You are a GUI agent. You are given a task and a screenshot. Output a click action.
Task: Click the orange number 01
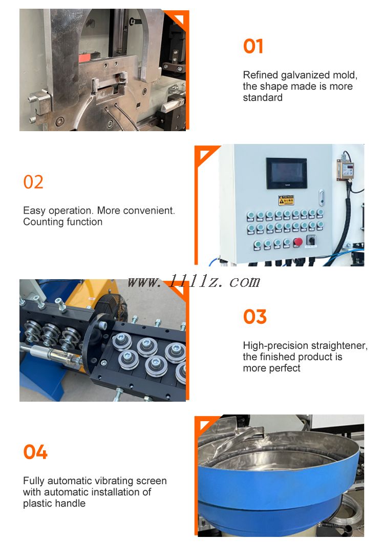(x=253, y=47)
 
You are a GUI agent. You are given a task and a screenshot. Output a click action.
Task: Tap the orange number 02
(x=33, y=182)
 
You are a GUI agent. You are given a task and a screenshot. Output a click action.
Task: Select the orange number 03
(x=254, y=317)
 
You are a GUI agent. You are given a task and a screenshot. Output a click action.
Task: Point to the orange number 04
(x=35, y=452)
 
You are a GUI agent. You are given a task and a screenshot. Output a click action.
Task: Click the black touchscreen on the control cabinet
(x=287, y=173)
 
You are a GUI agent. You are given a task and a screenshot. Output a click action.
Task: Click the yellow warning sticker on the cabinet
(x=286, y=200)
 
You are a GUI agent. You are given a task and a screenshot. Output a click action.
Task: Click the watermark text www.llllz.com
(x=194, y=282)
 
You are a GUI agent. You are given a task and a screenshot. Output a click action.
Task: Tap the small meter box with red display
(x=345, y=170)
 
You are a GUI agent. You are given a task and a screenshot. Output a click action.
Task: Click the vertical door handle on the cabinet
(x=321, y=197)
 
